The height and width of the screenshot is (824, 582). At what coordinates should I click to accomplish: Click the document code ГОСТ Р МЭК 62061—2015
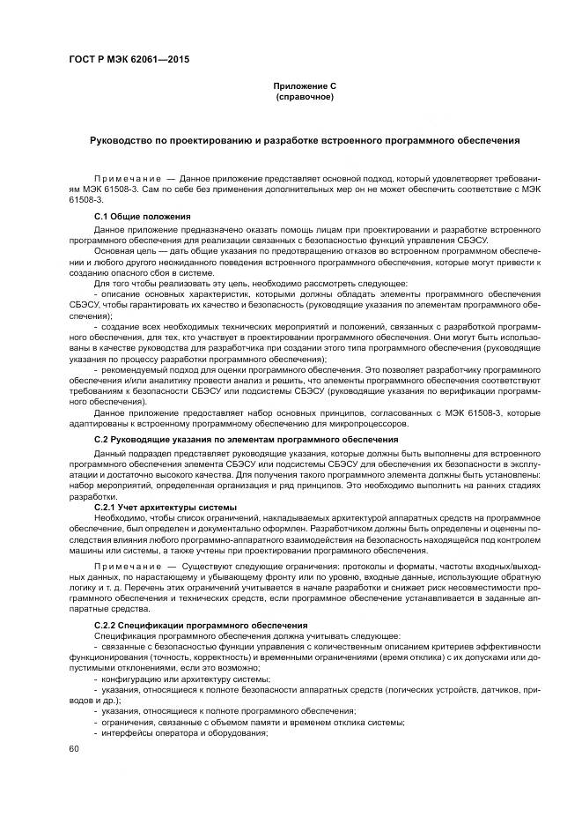point(128,60)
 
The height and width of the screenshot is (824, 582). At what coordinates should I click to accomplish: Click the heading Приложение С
point(305,85)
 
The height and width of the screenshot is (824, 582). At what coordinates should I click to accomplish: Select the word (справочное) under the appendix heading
point(305,96)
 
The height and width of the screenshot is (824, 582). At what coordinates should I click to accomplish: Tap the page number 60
point(74,748)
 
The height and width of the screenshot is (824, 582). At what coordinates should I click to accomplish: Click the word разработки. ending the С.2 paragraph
point(90,496)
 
